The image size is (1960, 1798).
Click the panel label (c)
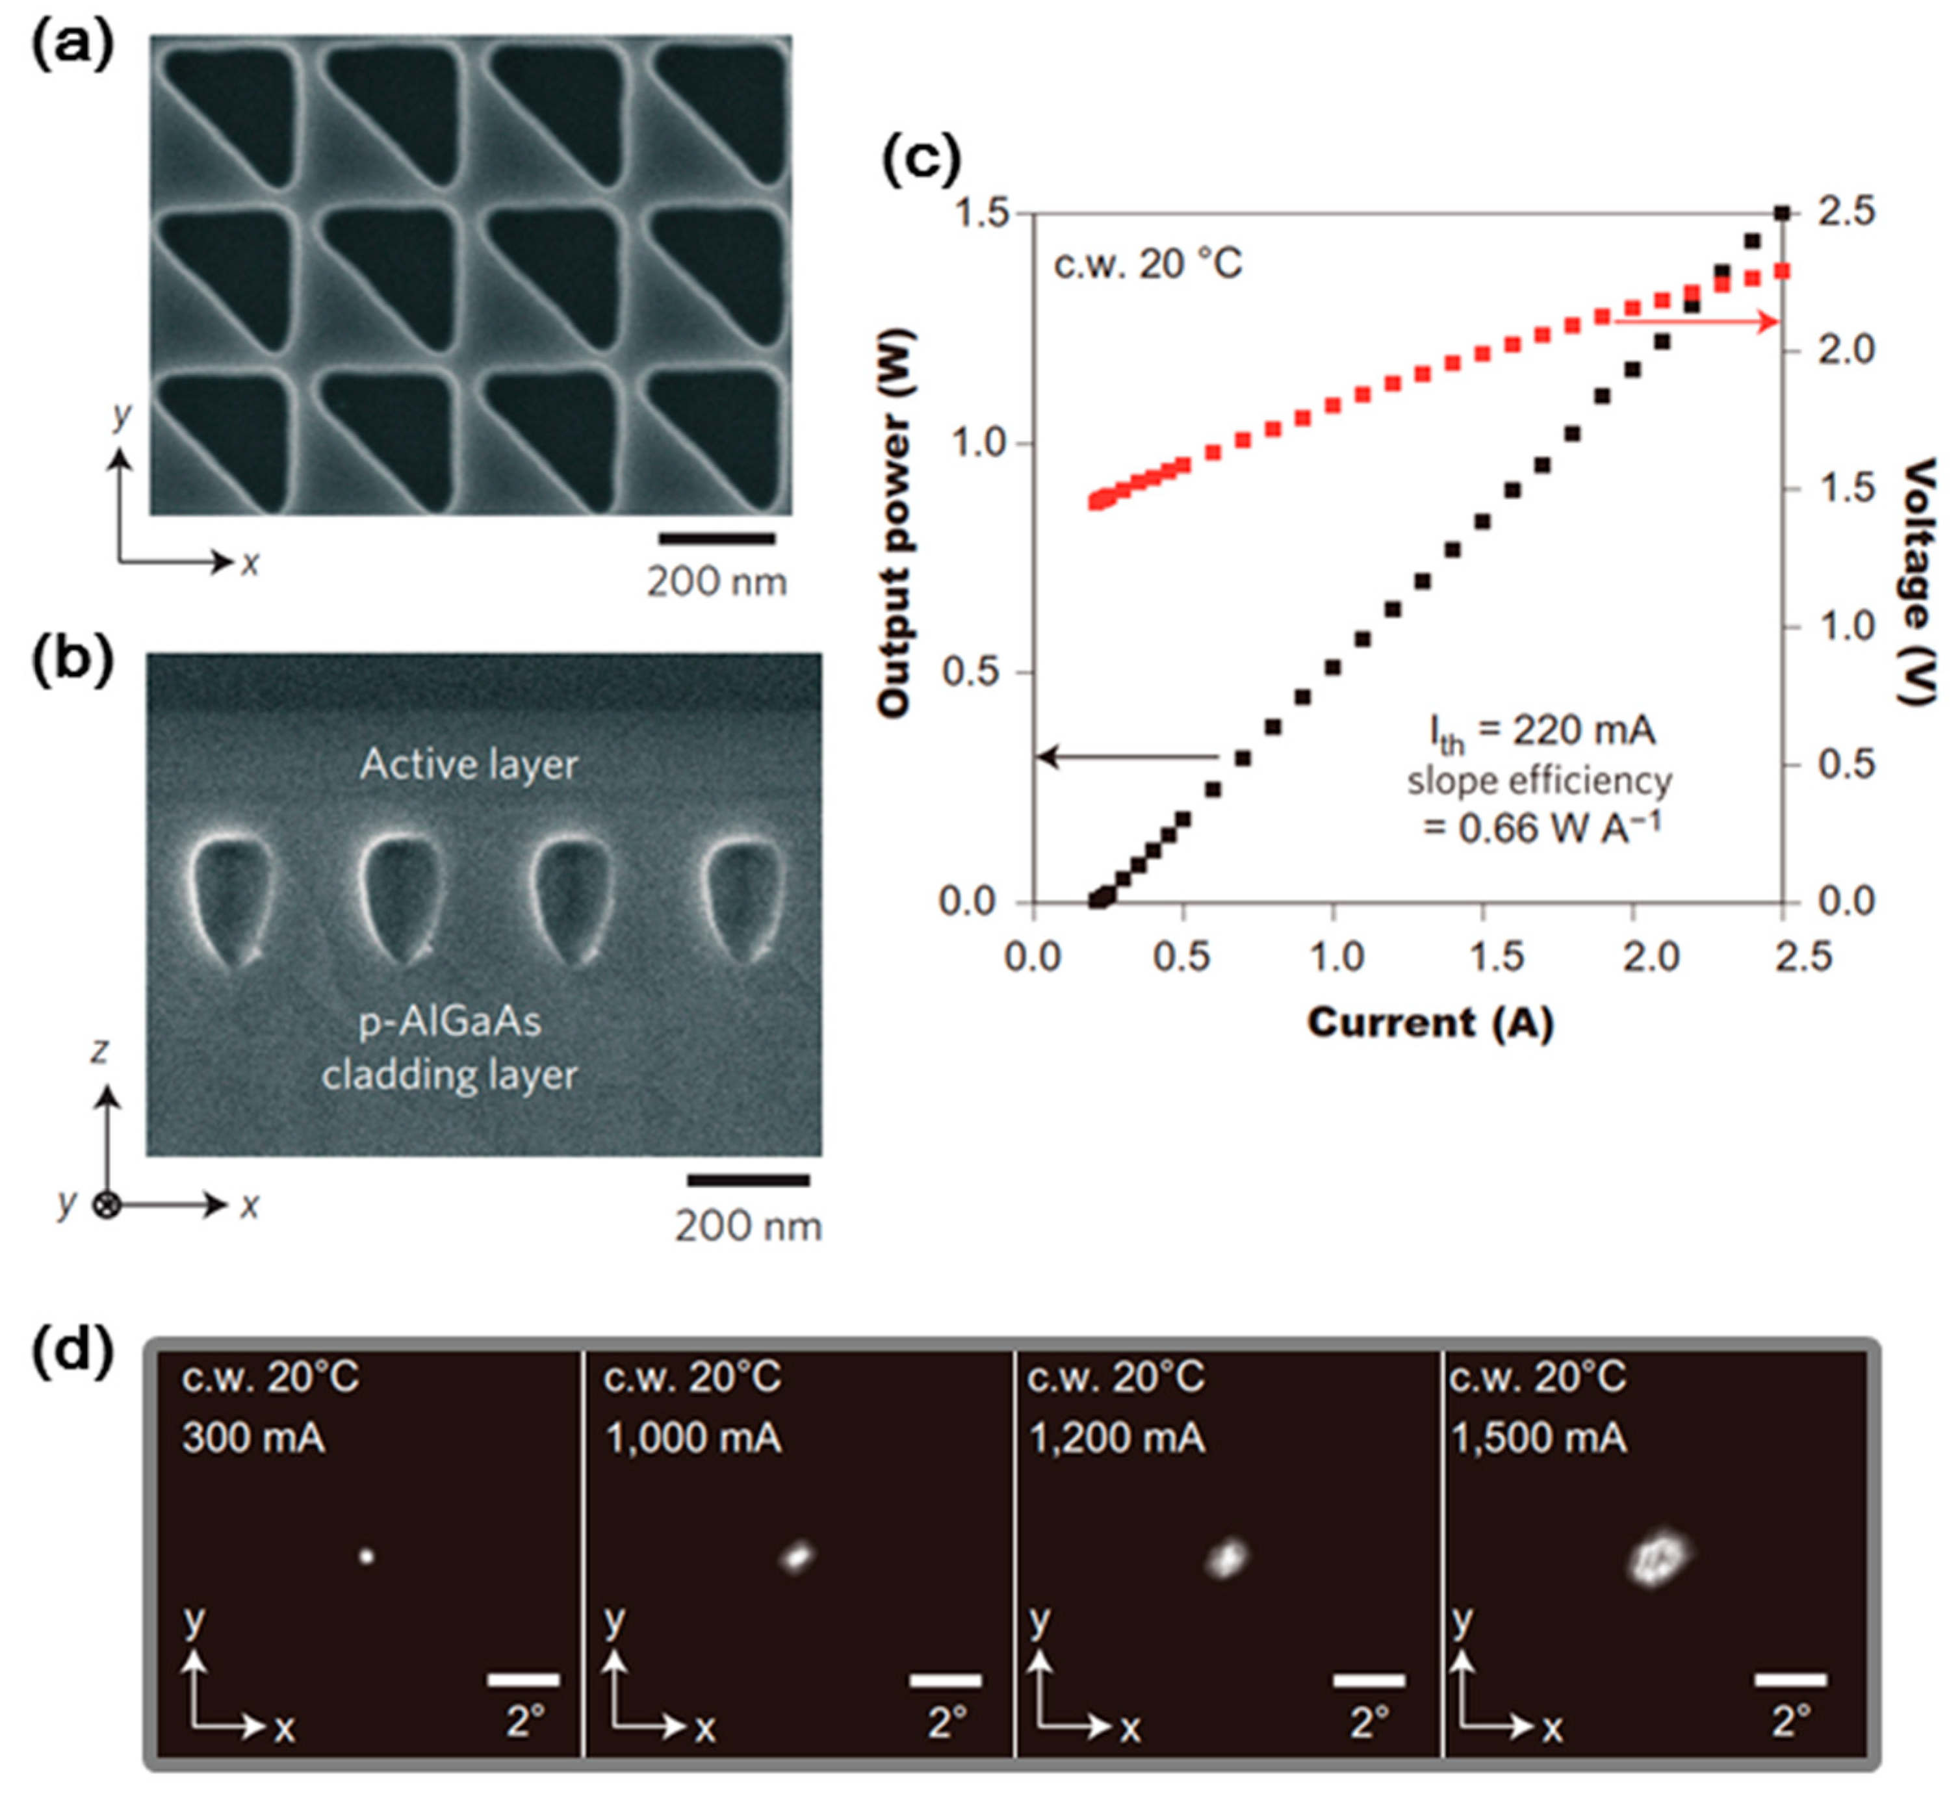pyautogui.click(x=920, y=159)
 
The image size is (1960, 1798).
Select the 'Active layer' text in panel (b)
pyautogui.click(x=469, y=764)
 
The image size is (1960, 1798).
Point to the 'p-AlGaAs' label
pyautogui.click(x=450, y=1021)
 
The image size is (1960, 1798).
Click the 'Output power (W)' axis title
pyautogui.click(x=894, y=526)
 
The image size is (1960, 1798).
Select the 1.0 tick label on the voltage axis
pyautogui.click(x=1846, y=626)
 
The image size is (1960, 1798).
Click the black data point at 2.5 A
pyautogui.click(x=1782, y=213)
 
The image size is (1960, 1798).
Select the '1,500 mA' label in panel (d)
pyautogui.click(x=1539, y=1438)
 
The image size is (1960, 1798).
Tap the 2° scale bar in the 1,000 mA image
pyautogui.click(x=945, y=1680)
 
